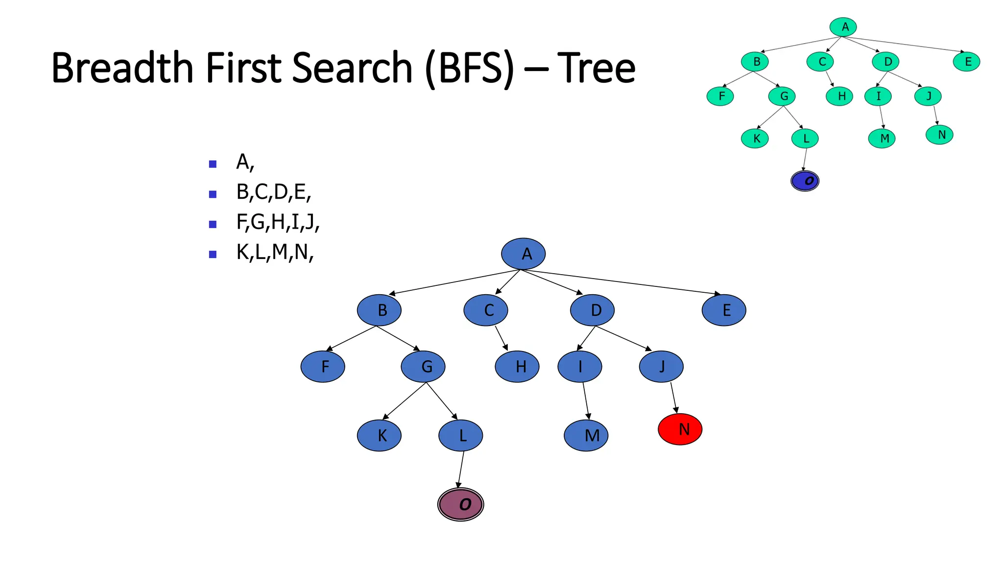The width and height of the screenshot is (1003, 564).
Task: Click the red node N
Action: coord(680,429)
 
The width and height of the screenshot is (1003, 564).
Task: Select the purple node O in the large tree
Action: coord(460,504)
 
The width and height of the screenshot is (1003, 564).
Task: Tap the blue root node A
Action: coord(523,254)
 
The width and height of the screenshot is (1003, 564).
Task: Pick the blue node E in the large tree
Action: coord(724,310)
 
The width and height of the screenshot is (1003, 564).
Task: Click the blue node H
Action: coord(517,366)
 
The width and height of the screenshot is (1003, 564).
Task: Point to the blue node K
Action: coord(379,435)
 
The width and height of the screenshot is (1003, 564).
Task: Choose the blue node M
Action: coord(586,435)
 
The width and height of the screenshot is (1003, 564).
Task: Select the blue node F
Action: coord(323,366)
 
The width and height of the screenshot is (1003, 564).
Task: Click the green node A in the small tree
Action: coord(843,27)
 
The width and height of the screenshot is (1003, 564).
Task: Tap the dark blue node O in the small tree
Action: coord(805,181)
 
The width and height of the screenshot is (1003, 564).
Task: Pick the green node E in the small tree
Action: coord(966,62)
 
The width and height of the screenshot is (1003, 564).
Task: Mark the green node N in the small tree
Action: coord(939,135)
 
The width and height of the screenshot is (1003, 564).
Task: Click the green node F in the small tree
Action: coord(720,96)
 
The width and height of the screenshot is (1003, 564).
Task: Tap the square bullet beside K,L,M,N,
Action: coord(213,254)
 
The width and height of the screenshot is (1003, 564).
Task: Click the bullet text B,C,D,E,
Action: coord(273,192)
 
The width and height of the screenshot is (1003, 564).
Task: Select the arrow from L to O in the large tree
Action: coord(460,470)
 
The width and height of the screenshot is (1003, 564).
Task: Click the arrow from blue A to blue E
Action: coord(622,282)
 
